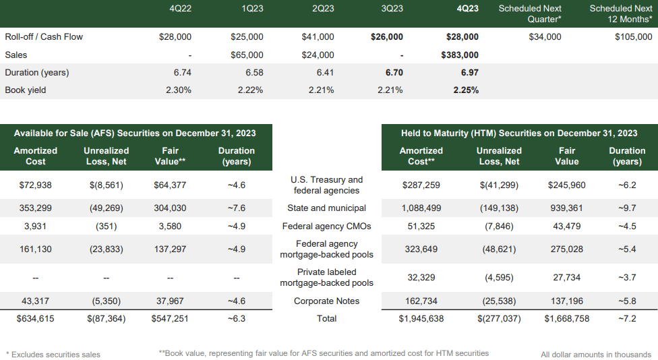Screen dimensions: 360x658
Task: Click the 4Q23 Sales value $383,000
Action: [459, 55]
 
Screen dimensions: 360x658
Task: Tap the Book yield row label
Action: [26, 90]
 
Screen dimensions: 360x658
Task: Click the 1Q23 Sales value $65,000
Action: [247, 55]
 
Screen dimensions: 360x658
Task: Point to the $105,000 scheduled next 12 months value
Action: [633, 37]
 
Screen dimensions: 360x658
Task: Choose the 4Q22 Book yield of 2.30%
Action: [178, 90]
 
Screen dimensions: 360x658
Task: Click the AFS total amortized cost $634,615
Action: [36, 318]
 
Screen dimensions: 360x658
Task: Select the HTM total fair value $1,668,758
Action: [567, 318]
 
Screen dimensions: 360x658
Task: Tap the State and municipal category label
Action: [326, 208]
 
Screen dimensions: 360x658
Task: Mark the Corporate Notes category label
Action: [326, 301]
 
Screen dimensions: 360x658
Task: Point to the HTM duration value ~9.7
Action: [626, 208]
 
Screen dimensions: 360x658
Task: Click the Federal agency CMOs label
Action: [326, 227]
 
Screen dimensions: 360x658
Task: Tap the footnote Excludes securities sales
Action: [53, 354]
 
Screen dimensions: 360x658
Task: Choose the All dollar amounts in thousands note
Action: [596, 354]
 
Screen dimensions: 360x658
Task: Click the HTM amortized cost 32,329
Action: [421, 277]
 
